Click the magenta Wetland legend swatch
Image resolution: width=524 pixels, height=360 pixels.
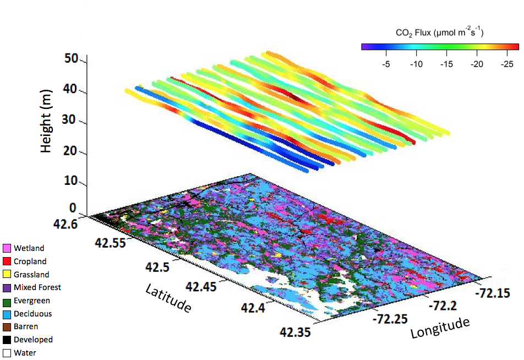pyautogui.click(x=7, y=248)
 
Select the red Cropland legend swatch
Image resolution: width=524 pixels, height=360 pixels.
pyautogui.click(x=7, y=261)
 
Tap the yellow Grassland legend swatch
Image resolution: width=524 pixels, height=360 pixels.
pyautogui.click(x=7, y=274)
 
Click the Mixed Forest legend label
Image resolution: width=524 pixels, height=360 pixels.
pyautogui.click(x=37, y=287)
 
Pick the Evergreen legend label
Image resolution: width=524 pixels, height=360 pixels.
pyautogui.click(x=31, y=301)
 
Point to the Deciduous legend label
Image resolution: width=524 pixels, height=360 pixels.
pyautogui.click(x=32, y=314)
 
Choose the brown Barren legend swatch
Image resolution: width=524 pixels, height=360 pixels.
pyautogui.click(x=7, y=326)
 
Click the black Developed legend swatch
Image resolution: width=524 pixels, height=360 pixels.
pyautogui.click(x=7, y=340)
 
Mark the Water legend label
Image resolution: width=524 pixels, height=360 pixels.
pyautogui.click(x=25, y=353)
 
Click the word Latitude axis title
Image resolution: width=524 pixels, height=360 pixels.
pyautogui.click(x=168, y=297)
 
